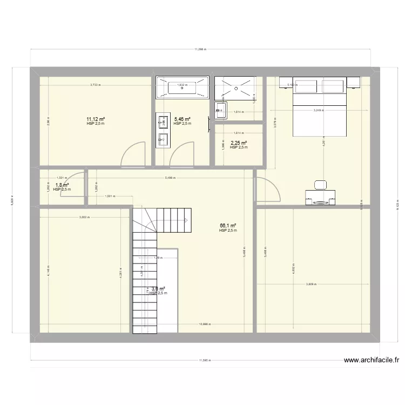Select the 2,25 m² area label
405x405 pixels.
[x=239, y=143]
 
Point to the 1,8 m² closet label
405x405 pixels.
[x=62, y=185]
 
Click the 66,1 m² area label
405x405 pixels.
[x=228, y=226]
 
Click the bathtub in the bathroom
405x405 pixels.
[x=182, y=87]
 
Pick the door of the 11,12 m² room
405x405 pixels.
[x=133, y=152]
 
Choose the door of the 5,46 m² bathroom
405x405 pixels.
[x=181, y=152]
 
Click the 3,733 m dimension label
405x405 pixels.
[x=96, y=85]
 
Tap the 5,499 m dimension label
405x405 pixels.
[x=172, y=178]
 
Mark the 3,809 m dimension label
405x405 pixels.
[x=311, y=284]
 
